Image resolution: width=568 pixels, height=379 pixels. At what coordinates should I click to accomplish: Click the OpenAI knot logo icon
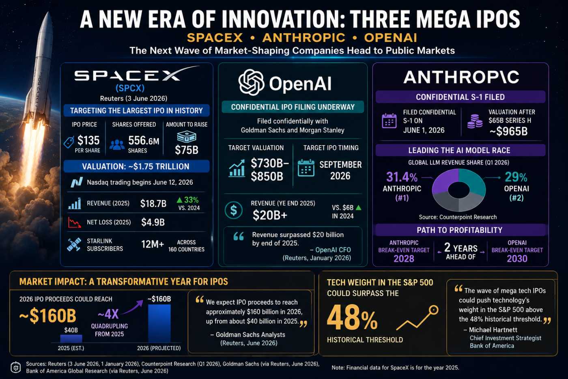point(251,82)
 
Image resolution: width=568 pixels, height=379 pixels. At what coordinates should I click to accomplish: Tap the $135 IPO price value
point(88,140)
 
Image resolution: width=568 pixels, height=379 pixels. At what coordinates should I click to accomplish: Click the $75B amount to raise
point(186,150)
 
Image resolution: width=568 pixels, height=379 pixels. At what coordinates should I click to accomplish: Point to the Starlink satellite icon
point(74,245)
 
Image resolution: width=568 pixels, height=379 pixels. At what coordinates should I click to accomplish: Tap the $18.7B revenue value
point(153,204)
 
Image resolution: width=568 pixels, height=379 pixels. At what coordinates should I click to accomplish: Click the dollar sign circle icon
point(234,210)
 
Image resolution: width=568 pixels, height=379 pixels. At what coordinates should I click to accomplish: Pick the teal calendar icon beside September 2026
point(306,168)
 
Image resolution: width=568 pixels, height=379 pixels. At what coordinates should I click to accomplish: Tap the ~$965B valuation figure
point(508,131)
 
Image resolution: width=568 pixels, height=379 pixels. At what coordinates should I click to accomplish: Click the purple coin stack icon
point(475,121)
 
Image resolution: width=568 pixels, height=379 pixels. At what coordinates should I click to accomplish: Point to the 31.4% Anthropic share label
point(402,177)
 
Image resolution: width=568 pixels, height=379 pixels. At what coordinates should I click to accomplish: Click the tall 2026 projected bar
point(159,323)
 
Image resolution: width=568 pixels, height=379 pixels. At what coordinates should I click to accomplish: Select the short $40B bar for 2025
point(71,339)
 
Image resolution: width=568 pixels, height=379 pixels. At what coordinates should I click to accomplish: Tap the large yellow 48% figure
point(352,318)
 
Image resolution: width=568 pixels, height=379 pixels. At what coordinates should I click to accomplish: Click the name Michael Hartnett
point(493,330)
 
